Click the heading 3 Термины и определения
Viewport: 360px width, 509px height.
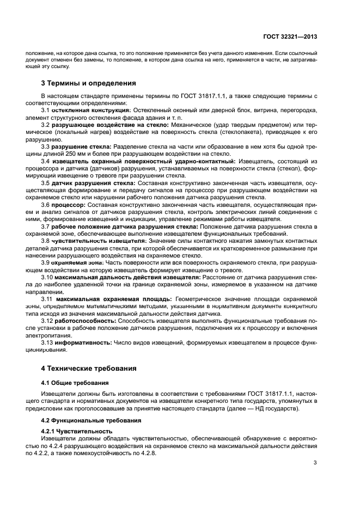click(85, 83)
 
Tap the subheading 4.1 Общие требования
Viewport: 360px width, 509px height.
click(75, 383)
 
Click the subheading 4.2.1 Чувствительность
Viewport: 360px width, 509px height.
click(77, 431)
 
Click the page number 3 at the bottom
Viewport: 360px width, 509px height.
click(315, 463)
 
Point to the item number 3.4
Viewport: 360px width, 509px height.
click(46, 162)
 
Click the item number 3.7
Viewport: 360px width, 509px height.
click(46, 226)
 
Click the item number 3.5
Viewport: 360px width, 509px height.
click(46, 183)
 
